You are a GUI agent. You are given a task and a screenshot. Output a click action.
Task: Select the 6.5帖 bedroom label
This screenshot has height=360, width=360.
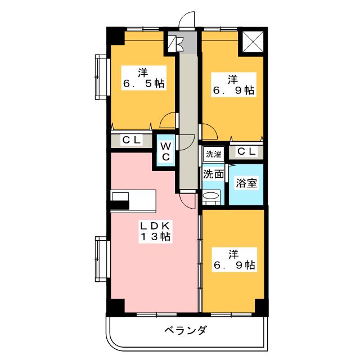click(143, 78)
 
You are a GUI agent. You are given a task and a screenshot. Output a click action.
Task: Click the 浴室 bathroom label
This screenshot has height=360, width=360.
click(245, 183)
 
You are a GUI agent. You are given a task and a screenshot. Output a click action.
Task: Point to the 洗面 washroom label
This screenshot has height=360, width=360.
click(213, 174)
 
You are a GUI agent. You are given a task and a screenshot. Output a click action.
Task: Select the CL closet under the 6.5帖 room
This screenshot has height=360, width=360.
click(132, 141)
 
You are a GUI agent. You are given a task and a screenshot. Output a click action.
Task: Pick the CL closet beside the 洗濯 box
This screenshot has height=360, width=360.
click(246, 151)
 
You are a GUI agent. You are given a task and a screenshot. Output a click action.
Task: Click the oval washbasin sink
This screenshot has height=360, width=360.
click(211, 196)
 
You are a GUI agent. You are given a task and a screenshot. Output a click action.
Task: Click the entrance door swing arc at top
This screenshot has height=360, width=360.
click(186, 20)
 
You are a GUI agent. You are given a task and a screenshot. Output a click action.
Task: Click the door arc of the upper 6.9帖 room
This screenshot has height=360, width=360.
click(209, 133)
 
